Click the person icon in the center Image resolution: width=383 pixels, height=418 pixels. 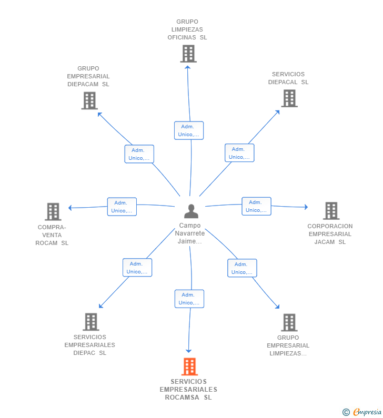pyautogui.click(x=191, y=211)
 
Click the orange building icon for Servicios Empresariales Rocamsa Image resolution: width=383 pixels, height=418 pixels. pyautogui.click(x=189, y=366)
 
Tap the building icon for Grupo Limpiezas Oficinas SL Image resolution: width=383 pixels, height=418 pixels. pyautogui.click(x=188, y=54)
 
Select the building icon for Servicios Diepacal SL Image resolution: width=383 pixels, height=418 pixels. pyautogui.click(x=289, y=98)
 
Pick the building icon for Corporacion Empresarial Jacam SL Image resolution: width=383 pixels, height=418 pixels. pyautogui.click(x=331, y=211)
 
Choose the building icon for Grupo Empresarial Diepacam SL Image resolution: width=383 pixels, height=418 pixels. pyautogui.click(x=89, y=100)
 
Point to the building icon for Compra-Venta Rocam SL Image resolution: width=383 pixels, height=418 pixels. pyautogui.click(x=53, y=211)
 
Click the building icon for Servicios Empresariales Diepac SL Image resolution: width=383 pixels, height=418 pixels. pyautogui.click(x=90, y=322)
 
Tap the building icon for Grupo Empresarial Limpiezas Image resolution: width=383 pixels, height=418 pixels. pyautogui.click(x=289, y=322)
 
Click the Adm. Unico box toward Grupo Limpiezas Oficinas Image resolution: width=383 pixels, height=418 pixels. pyautogui.click(x=188, y=130)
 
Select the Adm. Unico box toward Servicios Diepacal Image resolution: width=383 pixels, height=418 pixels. pyautogui.click(x=239, y=153)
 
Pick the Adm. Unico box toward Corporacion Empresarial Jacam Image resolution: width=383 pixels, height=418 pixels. pyautogui.click(x=256, y=206)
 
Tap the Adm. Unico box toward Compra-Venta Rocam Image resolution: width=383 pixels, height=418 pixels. pyautogui.click(x=122, y=207)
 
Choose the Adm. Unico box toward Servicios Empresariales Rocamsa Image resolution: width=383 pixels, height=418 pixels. pyautogui.click(x=189, y=299)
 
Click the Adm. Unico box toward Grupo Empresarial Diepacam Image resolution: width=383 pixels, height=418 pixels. pyautogui.click(x=139, y=154)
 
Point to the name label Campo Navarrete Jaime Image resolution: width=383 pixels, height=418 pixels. pyautogui.click(x=190, y=233)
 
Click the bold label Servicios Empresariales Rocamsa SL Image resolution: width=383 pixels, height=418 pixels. pyautogui.click(x=188, y=390)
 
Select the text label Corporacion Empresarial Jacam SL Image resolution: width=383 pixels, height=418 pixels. pyautogui.click(x=330, y=234)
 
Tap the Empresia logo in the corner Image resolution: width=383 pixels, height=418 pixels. pyautogui.click(x=362, y=412)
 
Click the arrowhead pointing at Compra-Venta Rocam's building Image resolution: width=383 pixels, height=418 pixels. pyautogui.click(x=70, y=208)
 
